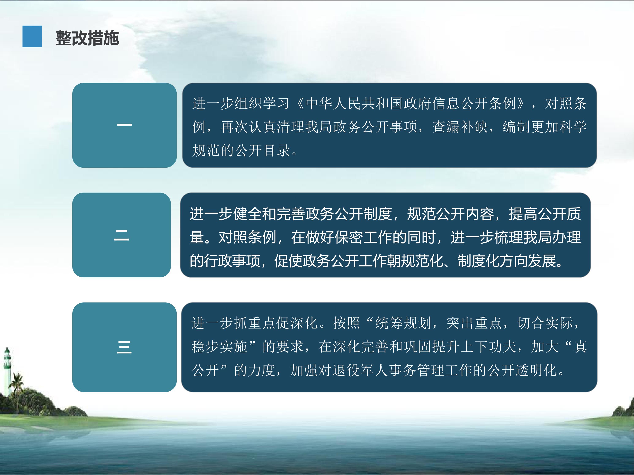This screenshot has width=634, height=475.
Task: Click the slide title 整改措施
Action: [x=87, y=38]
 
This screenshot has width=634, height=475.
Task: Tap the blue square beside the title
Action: [x=32, y=36]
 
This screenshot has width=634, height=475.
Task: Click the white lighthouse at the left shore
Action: [x=7, y=371]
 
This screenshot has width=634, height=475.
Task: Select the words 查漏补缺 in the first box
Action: [x=460, y=127]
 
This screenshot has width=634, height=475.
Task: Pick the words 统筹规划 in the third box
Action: [x=403, y=323]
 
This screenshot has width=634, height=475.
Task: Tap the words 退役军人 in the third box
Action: [x=360, y=370]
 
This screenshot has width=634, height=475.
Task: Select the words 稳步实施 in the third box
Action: [x=219, y=347]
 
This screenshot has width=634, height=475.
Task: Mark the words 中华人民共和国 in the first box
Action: [x=354, y=103]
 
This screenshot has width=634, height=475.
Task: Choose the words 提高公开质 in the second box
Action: [x=545, y=214]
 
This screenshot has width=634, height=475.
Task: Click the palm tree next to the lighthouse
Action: [x=18, y=385]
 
